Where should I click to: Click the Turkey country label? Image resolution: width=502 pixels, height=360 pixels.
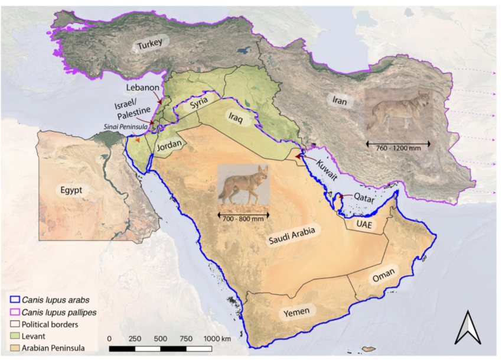(x=150, y=44)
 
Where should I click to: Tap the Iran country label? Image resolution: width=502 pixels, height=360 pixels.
(x=340, y=101)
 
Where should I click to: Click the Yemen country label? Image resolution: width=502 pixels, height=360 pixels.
(x=295, y=310)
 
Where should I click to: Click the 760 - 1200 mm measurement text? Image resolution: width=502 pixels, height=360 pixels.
(x=398, y=148)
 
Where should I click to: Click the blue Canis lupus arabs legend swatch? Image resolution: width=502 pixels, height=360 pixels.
(x=14, y=299)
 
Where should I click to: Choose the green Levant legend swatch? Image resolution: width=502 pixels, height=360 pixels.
(x=14, y=336)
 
